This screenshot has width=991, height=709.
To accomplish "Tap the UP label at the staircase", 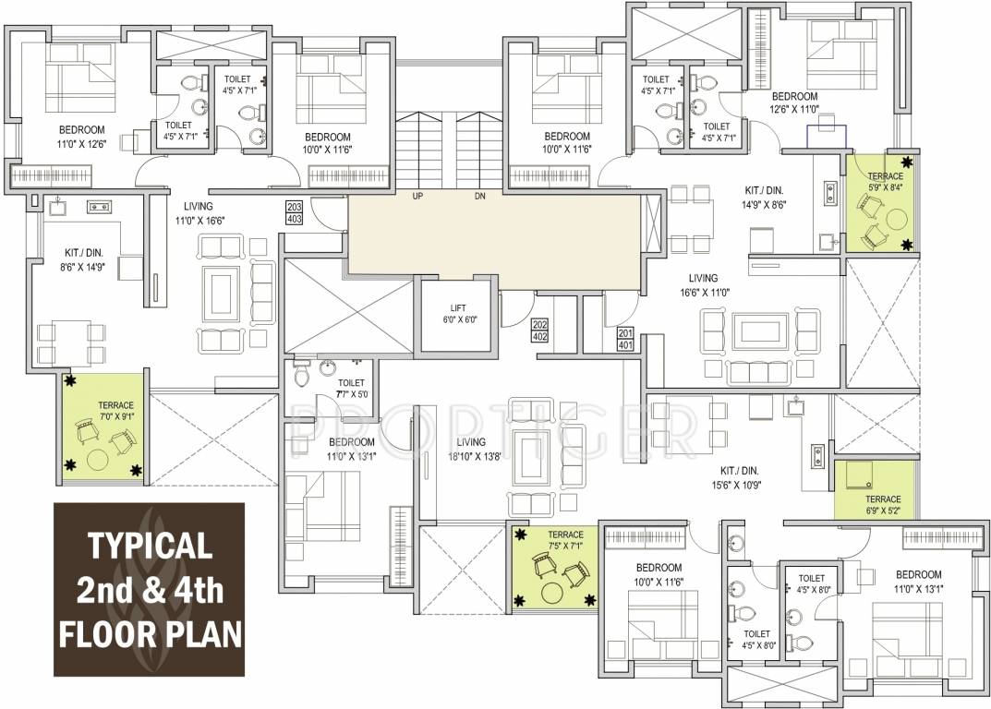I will click(x=417, y=197).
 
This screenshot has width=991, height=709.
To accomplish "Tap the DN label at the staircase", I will click(x=478, y=197).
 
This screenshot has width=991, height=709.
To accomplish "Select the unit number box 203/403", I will click(x=295, y=213).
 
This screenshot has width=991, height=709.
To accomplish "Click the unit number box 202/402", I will click(x=540, y=330).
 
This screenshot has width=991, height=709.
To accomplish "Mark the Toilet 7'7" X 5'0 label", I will click(x=352, y=389).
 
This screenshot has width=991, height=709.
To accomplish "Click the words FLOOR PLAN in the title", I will click(x=151, y=635).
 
